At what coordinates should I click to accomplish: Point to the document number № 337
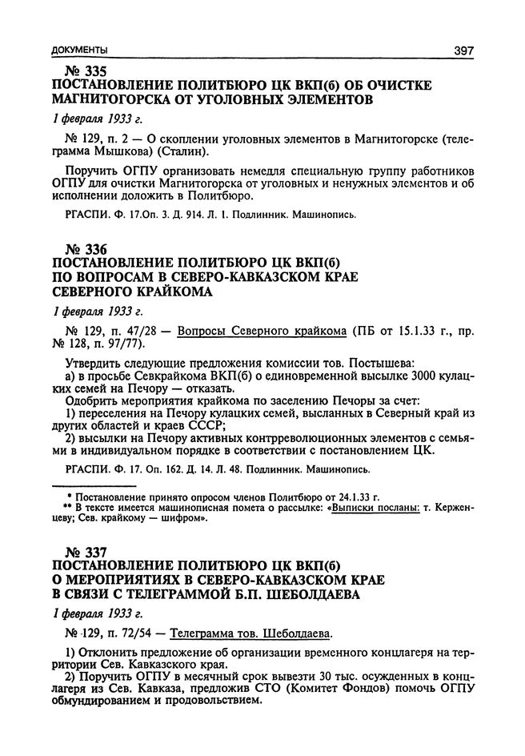pos(75,553)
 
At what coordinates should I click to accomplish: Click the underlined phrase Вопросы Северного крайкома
pos(262,330)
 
